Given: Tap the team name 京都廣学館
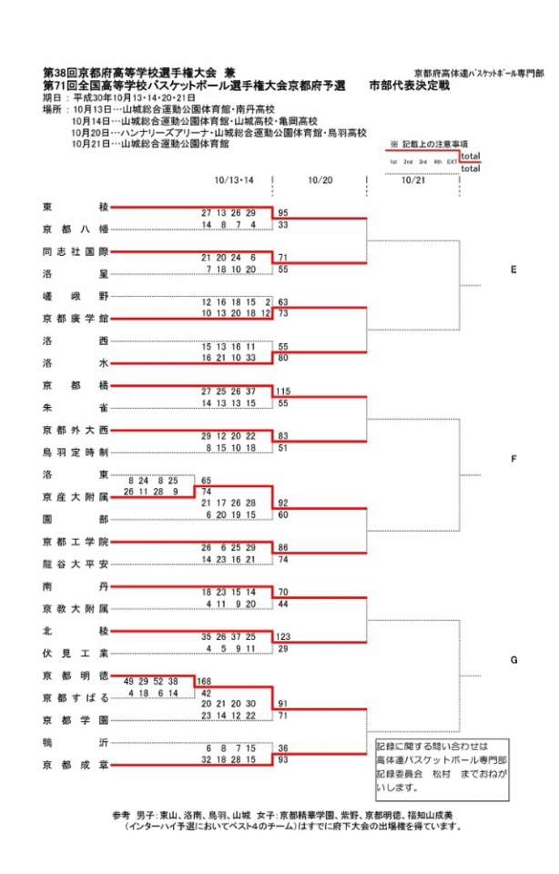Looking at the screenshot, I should (x=76, y=318).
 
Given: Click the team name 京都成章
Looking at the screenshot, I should (x=76, y=764).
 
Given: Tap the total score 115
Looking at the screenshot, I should (x=283, y=391).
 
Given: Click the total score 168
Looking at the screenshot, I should (x=205, y=682).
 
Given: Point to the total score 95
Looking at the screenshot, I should (x=283, y=212).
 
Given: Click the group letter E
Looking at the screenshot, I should (x=514, y=270).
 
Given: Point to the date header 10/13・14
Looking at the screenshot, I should (x=235, y=179).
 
